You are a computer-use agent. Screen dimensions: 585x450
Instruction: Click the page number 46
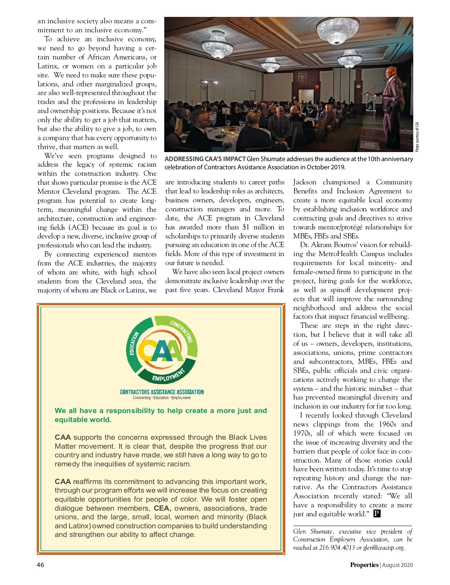pyautogui.click(x=40, y=565)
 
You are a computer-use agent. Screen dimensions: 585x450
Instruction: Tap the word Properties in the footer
pyautogui.click(x=364, y=565)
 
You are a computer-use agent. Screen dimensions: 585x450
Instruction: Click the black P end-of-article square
pyautogui.click(x=377, y=514)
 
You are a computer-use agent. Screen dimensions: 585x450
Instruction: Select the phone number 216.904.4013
pyautogui.click(x=337, y=547)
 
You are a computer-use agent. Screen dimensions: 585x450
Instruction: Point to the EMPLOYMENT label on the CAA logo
pyautogui.click(x=169, y=375)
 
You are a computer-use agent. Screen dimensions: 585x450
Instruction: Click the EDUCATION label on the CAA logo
pyautogui.click(x=134, y=343)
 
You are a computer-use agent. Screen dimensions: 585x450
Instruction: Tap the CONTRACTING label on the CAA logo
pyautogui.click(x=181, y=331)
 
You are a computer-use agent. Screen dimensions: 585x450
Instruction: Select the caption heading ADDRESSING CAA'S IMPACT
pyautogui.click(x=205, y=159)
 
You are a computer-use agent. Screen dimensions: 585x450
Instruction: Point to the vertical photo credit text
pyautogui.click(x=417, y=137)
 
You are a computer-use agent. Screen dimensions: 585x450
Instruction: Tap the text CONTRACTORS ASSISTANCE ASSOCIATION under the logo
pyautogui.click(x=162, y=392)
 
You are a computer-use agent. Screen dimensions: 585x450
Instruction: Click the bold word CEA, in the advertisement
pyautogui.click(x=162, y=508)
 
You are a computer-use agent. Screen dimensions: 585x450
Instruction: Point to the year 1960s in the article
pyautogui.click(x=387, y=424)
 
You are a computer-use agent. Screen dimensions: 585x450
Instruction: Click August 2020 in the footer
pyautogui.click(x=398, y=565)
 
